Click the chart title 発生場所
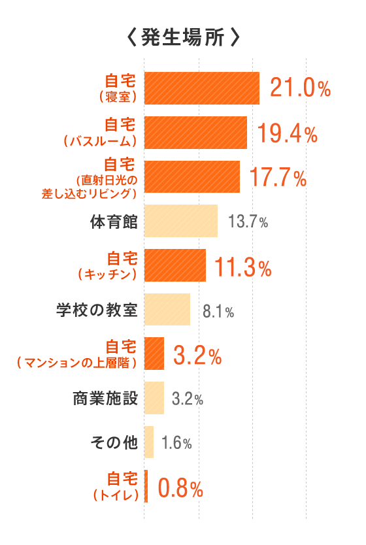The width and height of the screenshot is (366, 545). [182, 37]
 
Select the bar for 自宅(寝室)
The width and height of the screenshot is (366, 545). [201, 88]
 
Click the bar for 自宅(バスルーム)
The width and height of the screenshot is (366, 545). [195, 133]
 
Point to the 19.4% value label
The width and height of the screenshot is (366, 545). [287, 133]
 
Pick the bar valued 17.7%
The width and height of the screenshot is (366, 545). [191, 176]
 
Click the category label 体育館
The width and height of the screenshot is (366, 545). [114, 221]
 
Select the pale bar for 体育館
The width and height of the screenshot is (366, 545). [180, 221]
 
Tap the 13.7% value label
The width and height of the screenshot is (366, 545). [248, 222]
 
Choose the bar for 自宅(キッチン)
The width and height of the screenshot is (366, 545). [175, 265]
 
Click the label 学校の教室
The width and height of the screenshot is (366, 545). [97, 309]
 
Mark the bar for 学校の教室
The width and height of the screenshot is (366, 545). [167, 309]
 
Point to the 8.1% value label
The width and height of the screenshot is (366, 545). [218, 310]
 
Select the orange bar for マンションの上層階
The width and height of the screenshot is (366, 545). [154, 354]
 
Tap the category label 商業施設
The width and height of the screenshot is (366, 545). [106, 397]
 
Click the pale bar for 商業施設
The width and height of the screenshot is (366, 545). [154, 398]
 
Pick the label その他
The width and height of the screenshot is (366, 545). [114, 442]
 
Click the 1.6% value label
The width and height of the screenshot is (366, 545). [176, 443]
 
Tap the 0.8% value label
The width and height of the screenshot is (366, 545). [180, 487]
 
